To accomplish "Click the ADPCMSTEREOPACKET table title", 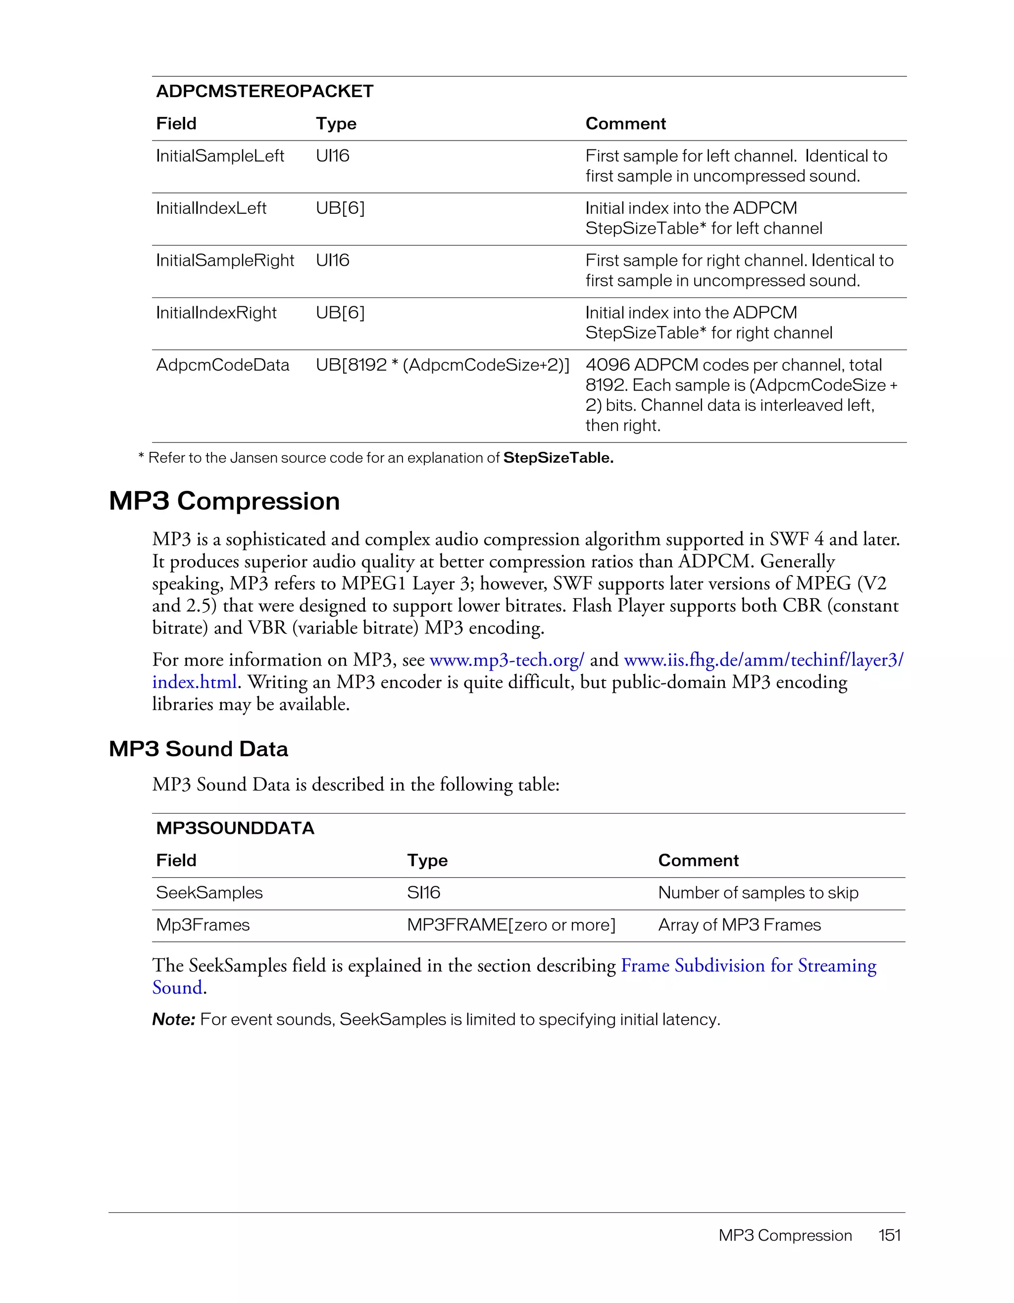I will [x=264, y=91].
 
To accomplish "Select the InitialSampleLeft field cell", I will [x=220, y=156].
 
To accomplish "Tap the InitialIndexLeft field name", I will [x=211, y=208].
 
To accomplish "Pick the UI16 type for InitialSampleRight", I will [x=332, y=261].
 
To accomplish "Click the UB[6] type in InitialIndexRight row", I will [x=340, y=313].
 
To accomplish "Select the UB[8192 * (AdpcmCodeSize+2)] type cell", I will [x=442, y=365].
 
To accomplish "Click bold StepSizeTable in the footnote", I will [x=558, y=458].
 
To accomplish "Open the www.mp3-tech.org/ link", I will [x=506, y=660].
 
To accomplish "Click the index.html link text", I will [x=195, y=682].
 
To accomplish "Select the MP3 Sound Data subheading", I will [x=198, y=749].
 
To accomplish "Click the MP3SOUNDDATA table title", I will [x=235, y=828].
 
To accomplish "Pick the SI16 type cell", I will [x=423, y=893].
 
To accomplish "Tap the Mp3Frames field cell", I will [x=203, y=925].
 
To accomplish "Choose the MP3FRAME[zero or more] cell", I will [x=511, y=925].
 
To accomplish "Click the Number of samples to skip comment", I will [x=758, y=893].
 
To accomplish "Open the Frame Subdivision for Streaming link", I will [x=749, y=965].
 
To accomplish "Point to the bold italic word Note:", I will [x=174, y=1019].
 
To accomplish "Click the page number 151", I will [x=889, y=1235].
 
